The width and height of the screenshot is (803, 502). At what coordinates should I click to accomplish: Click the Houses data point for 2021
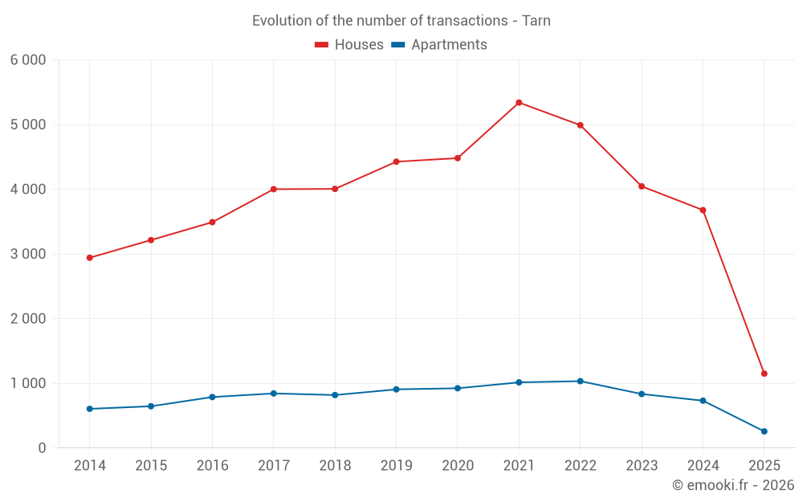[519, 103]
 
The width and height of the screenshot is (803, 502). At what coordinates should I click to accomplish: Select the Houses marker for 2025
[764, 373]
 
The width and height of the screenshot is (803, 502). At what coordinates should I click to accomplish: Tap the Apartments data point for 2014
[90, 409]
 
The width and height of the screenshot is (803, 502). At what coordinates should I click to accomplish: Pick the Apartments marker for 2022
[581, 381]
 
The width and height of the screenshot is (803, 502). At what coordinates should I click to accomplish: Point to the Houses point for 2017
[274, 189]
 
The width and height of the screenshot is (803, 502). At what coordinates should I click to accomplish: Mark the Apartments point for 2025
[764, 431]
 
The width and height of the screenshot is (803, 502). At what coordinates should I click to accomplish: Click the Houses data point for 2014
[90, 258]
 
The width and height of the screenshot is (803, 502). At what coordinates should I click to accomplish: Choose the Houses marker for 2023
[642, 186]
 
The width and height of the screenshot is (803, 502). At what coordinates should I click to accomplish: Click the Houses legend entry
[349, 45]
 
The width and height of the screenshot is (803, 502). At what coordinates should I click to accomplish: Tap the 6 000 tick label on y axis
[28, 60]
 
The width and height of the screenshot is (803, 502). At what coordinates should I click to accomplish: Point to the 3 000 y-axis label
[28, 254]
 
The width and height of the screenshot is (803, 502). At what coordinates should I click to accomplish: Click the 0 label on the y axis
[42, 448]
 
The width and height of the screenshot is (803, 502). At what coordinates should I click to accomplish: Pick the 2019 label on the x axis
[396, 466]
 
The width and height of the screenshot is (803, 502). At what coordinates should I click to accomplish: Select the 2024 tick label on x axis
[703, 466]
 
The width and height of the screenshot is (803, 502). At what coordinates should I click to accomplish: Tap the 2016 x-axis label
[212, 466]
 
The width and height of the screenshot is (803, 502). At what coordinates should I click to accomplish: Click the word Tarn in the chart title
[536, 21]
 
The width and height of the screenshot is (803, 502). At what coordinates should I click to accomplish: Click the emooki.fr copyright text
[733, 485]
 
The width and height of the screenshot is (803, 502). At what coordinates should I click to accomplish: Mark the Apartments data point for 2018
[335, 395]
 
